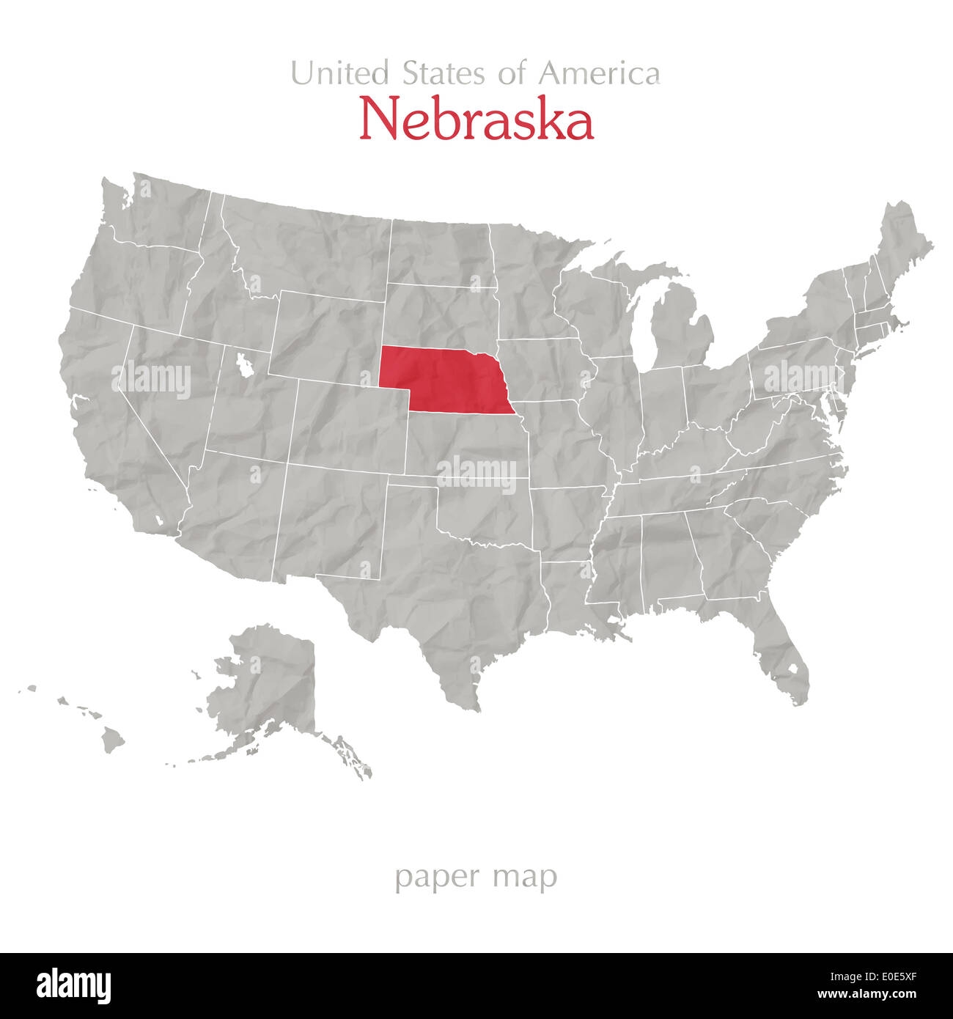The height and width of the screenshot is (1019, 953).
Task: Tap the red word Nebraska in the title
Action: point(476,121)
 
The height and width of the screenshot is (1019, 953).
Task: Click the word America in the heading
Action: point(599,73)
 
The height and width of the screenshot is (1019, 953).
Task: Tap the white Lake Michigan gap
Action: point(643,330)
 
